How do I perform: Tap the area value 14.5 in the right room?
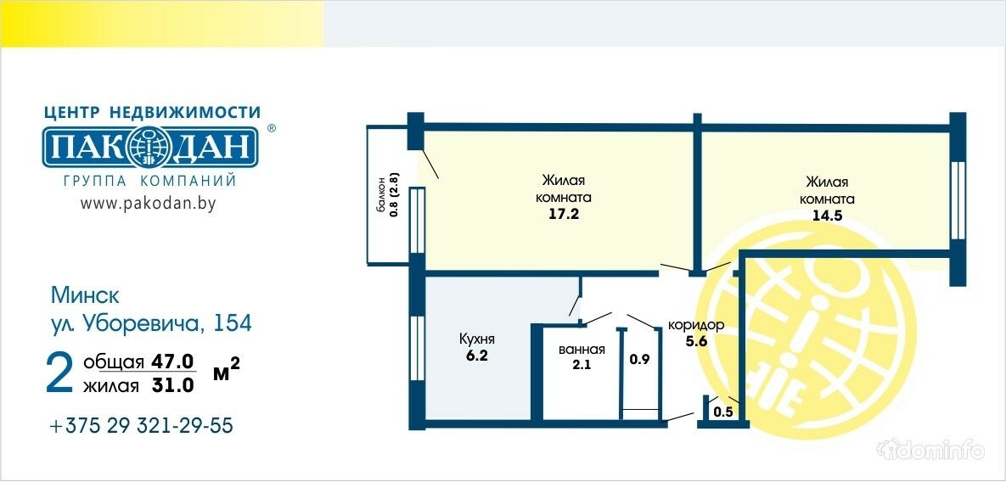point(827,216)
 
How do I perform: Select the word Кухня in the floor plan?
point(477,339)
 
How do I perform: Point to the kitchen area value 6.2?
point(477,356)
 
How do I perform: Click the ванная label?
point(582,350)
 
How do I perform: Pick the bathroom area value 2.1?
point(582,366)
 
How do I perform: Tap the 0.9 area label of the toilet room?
point(639,359)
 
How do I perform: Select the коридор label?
point(696,325)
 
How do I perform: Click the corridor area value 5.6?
point(696,341)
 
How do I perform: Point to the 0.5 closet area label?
point(723,412)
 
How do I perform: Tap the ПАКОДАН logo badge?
point(151,148)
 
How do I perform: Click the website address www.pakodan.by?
point(148,203)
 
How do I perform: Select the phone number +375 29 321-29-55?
point(141,426)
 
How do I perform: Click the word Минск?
point(85,295)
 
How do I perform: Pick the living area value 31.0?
point(173,385)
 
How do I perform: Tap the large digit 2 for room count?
point(59,373)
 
